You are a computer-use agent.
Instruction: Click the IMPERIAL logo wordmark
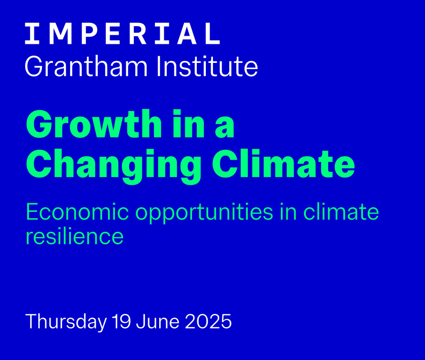coord(122,34)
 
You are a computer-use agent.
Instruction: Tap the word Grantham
coord(86,67)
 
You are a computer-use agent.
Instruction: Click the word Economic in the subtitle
coord(77,212)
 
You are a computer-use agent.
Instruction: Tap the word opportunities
coord(204,213)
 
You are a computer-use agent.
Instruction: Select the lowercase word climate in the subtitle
coord(341,211)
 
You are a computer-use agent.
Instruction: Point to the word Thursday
coord(66,322)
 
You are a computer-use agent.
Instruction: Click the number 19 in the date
coord(121,321)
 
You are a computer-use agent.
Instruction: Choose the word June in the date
coord(158,321)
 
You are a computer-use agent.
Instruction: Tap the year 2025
coord(208,321)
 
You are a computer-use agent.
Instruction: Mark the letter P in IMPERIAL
coord(89,34)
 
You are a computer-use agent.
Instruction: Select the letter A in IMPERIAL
coord(187,34)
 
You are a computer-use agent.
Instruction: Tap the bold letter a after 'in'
coord(225,128)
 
